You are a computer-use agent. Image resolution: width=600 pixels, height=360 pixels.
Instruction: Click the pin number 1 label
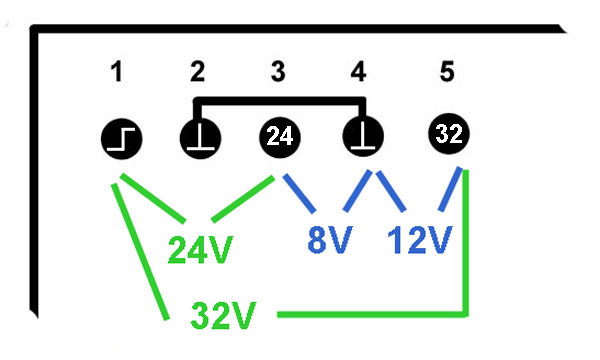click(x=117, y=72)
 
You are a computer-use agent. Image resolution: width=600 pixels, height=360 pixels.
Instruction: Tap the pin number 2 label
click(x=197, y=72)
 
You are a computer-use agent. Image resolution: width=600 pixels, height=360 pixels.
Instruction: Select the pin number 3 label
click(x=278, y=72)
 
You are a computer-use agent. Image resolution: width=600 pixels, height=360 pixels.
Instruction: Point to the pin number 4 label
click(x=359, y=72)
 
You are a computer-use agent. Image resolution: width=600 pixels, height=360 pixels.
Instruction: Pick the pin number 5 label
click(x=447, y=72)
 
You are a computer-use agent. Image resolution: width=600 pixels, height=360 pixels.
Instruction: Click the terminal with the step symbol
click(x=122, y=138)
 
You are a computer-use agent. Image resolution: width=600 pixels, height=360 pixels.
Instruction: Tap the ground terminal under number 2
click(x=201, y=138)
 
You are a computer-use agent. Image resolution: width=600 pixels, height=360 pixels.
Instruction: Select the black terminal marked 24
click(x=280, y=137)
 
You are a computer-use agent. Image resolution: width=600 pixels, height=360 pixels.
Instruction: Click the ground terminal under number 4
click(x=363, y=137)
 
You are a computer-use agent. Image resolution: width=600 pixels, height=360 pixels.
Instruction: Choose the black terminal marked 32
click(x=449, y=134)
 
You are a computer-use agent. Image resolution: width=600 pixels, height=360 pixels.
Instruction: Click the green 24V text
click(x=200, y=250)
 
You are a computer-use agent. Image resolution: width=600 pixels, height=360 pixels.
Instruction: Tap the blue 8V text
click(x=330, y=239)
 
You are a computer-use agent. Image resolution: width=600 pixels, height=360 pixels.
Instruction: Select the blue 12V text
click(x=420, y=239)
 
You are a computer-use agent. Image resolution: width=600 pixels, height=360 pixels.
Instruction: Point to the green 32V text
click(x=223, y=315)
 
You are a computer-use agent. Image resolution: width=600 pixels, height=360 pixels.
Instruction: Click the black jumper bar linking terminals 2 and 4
click(x=280, y=101)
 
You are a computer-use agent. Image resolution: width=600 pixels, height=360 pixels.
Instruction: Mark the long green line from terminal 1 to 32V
click(x=140, y=252)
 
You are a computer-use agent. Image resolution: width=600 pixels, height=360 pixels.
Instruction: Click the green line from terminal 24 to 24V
click(x=243, y=199)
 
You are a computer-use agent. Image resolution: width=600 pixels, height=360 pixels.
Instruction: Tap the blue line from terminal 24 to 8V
click(x=300, y=193)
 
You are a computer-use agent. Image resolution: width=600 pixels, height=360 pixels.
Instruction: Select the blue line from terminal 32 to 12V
click(x=450, y=189)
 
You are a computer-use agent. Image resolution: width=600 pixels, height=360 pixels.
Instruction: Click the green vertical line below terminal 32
click(x=466, y=243)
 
